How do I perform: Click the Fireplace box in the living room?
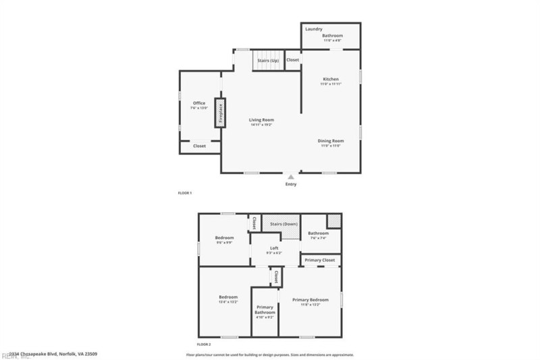pos(220,113)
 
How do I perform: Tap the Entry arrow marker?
pos(291,176)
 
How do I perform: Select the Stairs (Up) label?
pos(268,61)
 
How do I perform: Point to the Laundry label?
pos(313,29)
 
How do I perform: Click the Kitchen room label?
pos(331,79)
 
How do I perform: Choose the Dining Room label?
pos(331,140)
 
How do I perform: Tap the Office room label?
pos(199,103)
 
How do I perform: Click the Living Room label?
pos(261,120)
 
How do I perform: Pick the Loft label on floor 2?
pos(274,248)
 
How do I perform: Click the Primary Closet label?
pos(320,259)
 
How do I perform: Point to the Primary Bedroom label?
pos(310,299)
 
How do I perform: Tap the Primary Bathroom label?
pos(265,309)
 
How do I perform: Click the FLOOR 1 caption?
pos(185,193)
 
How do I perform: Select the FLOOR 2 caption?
pos(204,344)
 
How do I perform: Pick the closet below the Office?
pos(200,146)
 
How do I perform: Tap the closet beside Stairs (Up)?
pos(293,60)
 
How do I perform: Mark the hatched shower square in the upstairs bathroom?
pos(333,222)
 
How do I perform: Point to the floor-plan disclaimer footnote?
pos(270,355)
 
